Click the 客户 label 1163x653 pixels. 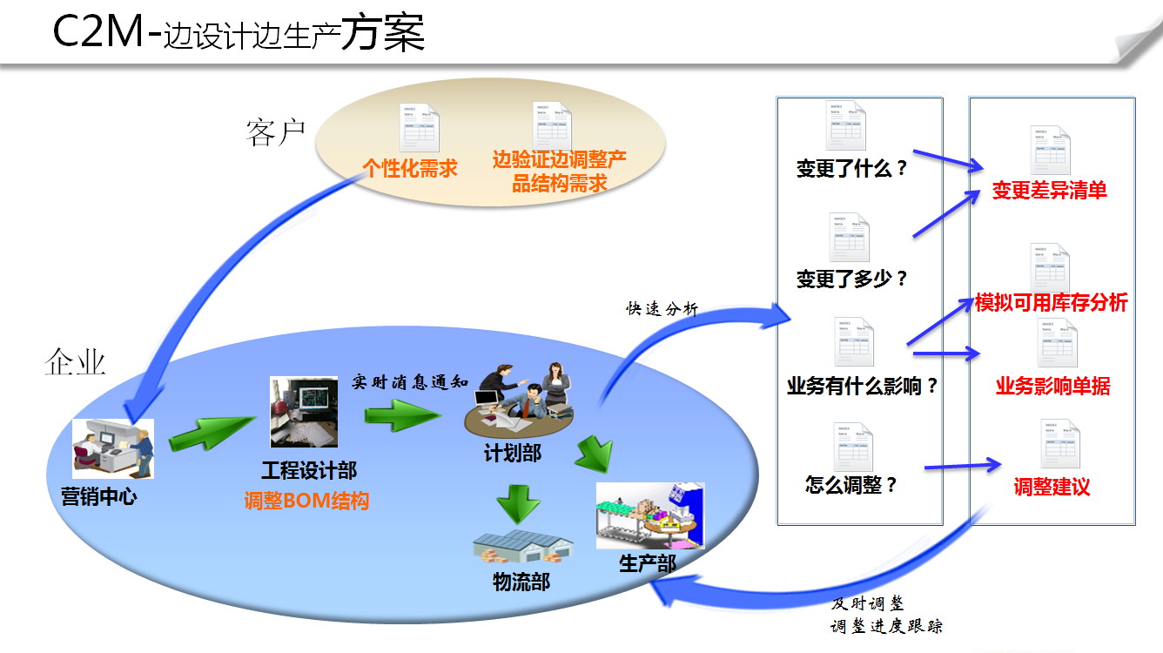pyautogui.click(x=275, y=132)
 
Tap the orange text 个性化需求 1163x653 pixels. pyautogui.click(x=410, y=168)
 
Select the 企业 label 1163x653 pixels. pyautogui.click(x=76, y=360)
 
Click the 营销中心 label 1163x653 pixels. pyautogui.click(x=98, y=496)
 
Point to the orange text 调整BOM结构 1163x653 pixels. pyautogui.click(x=306, y=501)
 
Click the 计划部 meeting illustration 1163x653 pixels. pyautogui.click(x=521, y=401)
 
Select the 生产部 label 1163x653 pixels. pyautogui.click(x=647, y=563)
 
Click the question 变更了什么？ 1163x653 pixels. pyautogui.click(x=852, y=168)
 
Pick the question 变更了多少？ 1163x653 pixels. pyautogui.click(x=852, y=279)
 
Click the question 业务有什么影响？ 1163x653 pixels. pyautogui.click(x=863, y=386)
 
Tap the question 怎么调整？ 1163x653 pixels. pyautogui.click(x=851, y=485)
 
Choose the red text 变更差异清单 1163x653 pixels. pyautogui.click(x=1050, y=191)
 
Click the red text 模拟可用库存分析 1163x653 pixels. pyautogui.click(x=1052, y=302)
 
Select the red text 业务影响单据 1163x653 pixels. pyautogui.click(x=1052, y=386)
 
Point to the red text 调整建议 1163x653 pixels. pyautogui.click(x=1052, y=487)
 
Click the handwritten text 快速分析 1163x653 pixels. pyautogui.click(x=662, y=308)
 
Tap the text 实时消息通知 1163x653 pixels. pyautogui.click(x=411, y=381)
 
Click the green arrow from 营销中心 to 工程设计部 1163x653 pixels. pyautogui.click(x=205, y=433)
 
